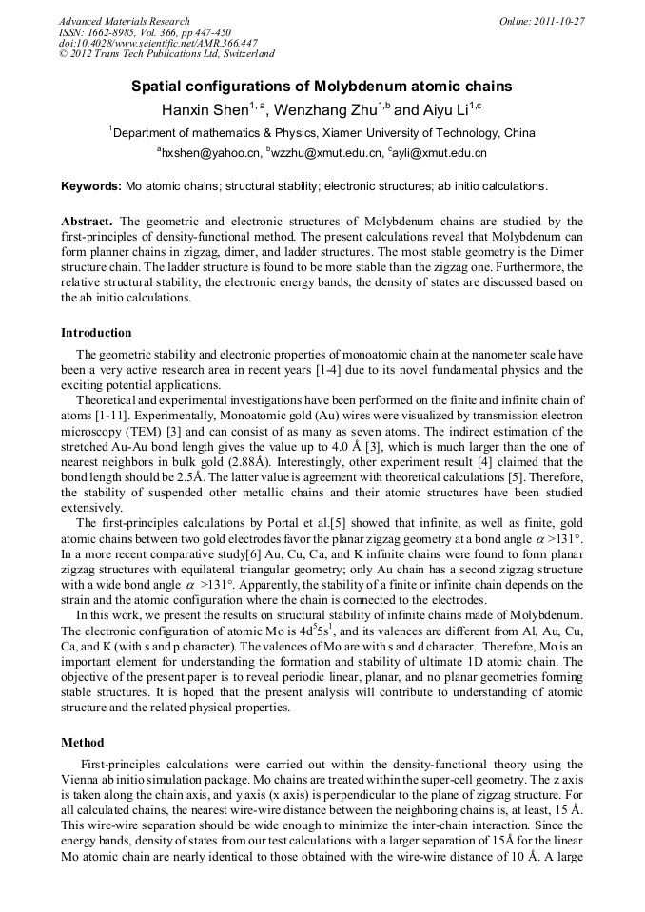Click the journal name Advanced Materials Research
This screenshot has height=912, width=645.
(x=124, y=21)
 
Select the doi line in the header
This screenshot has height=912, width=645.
(x=158, y=43)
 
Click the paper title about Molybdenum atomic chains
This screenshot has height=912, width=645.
(x=322, y=87)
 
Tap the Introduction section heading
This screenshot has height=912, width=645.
(x=96, y=333)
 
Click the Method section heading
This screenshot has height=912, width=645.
(x=82, y=742)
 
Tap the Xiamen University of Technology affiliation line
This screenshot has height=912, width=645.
(x=322, y=133)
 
